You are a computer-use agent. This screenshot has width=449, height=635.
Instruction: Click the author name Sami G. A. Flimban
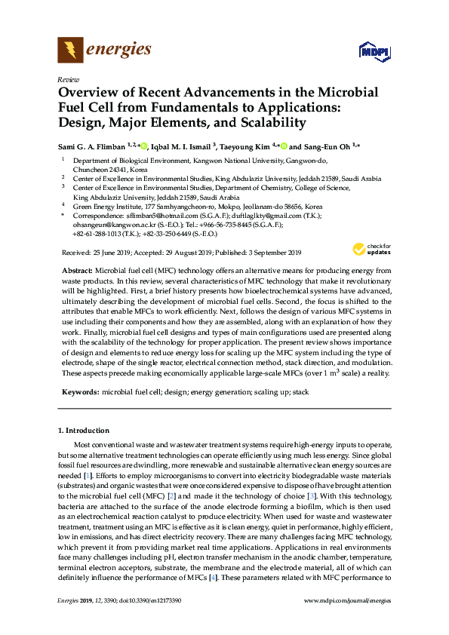coord(95,146)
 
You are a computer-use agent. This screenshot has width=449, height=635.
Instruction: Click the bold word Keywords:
coord(78,391)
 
